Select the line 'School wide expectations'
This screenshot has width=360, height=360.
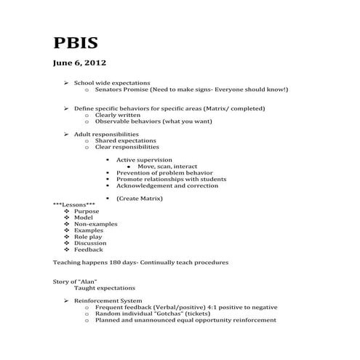point(112,83)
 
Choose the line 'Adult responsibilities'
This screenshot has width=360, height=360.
point(106,134)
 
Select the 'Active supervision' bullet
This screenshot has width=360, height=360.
point(144,159)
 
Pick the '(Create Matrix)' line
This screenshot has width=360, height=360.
point(140,198)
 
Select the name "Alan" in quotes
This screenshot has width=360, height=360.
point(95,281)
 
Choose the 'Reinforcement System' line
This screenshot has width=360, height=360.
point(110,300)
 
